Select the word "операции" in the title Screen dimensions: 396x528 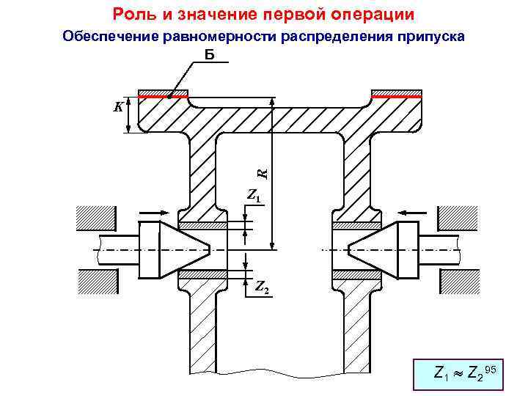click(x=374, y=14)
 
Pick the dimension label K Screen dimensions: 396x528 click(x=117, y=107)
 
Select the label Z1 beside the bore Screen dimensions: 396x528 click(x=254, y=197)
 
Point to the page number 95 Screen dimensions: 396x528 click(x=491, y=369)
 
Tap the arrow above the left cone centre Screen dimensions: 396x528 click(x=155, y=212)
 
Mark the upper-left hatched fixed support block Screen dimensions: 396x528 click(x=97, y=218)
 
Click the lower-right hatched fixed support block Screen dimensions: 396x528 click(x=458, y=282)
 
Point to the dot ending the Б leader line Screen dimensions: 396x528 click(x=168, y=95)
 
